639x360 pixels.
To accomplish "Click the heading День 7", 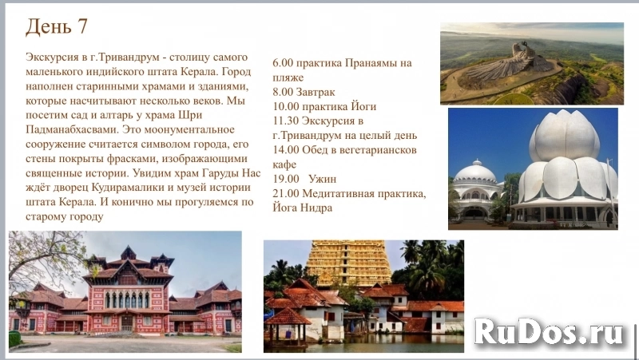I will (x=57, y=27).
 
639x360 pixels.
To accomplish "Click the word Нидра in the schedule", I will (x=316, y=208).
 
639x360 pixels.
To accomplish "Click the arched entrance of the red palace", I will (x=127, y=320).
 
